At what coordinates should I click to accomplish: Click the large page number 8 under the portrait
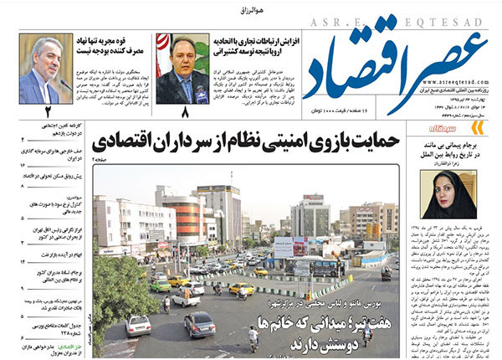click(x=183, y=111)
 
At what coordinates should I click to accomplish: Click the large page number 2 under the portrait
click(x=48, y=111)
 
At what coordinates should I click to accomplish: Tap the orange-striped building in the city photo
click(x=189, y=216)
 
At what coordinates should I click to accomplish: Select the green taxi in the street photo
click(x=160, y=285)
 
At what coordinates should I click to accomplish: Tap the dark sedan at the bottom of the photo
click(x=199, y=324)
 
